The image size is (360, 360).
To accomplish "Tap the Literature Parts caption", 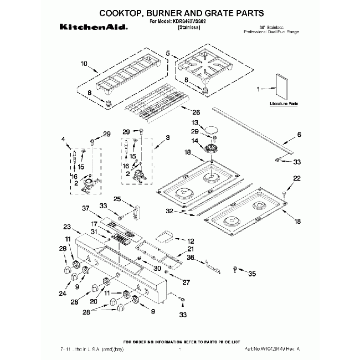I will coord(284,104).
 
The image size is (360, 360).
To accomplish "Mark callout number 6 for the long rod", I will coord(300,135).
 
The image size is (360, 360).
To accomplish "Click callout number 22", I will coord(296,178).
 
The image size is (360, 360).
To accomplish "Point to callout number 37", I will coord(85,208).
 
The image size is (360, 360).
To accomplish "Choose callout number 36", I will coord(191,256).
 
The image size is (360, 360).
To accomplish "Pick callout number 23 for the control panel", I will coord(67,227).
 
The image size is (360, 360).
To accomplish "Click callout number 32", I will coord(169,210).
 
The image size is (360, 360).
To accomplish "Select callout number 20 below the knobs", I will coord(94,301).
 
